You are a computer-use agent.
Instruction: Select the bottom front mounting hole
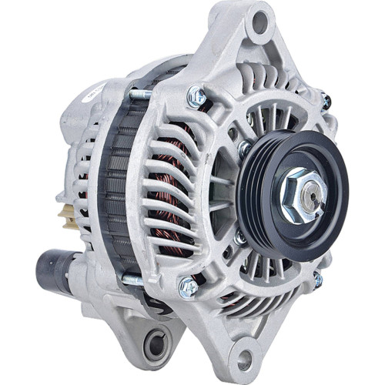click(244, 357)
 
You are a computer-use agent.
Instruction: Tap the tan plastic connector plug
click(62, 208)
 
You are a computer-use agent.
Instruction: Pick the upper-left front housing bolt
click(196, 95)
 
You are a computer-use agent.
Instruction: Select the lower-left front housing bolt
click(186, 286)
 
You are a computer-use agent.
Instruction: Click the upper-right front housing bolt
click(326, 99)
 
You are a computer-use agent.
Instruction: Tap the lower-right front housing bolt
click(316, 280)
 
